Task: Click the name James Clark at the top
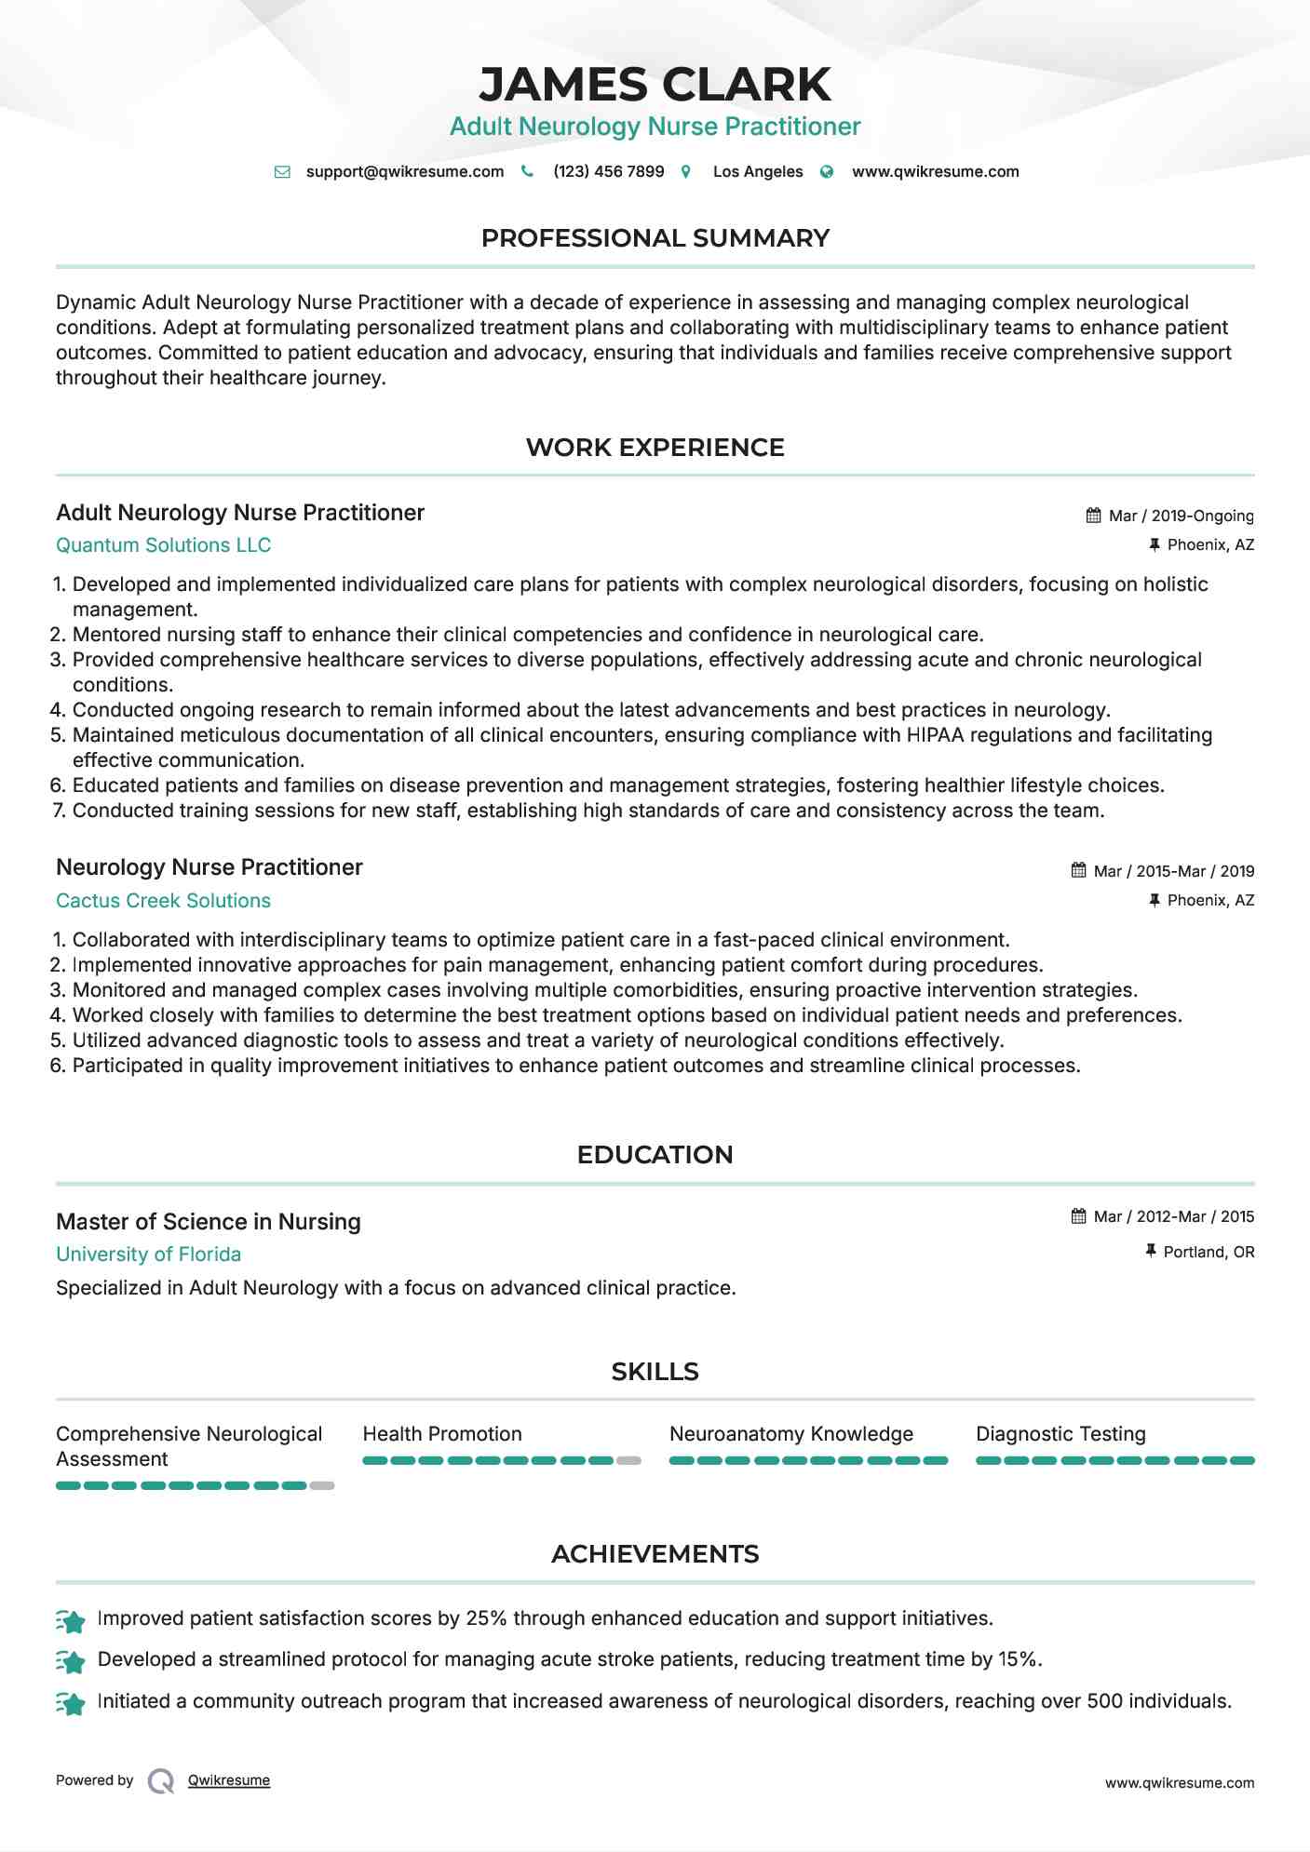click(655, 85)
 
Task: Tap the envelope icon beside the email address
click(282, 172)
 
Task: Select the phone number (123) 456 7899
click(608, 172)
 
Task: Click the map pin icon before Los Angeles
click(686, 172)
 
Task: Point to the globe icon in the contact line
click(827, 172)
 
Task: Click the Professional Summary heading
click(655, 238)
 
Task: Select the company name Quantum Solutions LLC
click(163, 545)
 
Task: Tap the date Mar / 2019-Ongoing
click(1181, 517)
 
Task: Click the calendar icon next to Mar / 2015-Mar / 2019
click(1078, 871)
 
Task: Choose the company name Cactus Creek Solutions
click(163, 901)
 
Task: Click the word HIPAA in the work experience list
click(935, 735)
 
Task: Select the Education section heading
click(655, 1155)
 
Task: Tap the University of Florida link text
click(148, 1255)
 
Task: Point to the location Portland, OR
click(1209, 1253)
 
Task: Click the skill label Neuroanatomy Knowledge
click(790, 1434)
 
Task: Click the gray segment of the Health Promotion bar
click(628, 1461)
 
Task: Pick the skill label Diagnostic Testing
click(1060, 1434)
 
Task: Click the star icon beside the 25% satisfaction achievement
click(71, 1621)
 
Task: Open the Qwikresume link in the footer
click(229, 1780)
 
